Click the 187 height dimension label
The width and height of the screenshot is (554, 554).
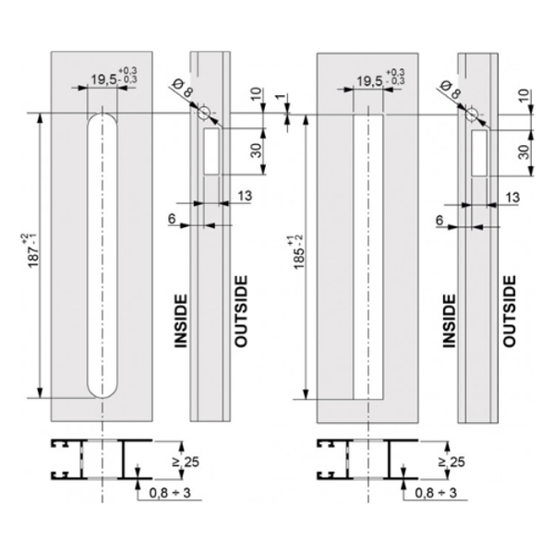[33, 250]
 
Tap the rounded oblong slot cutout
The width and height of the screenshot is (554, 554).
[102, 256]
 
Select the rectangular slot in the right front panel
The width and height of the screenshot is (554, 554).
[368, 258]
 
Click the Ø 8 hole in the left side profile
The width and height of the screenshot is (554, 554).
[203, 113]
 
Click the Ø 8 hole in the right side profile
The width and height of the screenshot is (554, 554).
[471, 114]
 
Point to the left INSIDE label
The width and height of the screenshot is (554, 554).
[181, 321]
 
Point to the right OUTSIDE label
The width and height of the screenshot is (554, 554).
[509, 311]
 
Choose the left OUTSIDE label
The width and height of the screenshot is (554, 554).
[241, 311]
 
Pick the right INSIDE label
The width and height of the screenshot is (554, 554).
[449, 321]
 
